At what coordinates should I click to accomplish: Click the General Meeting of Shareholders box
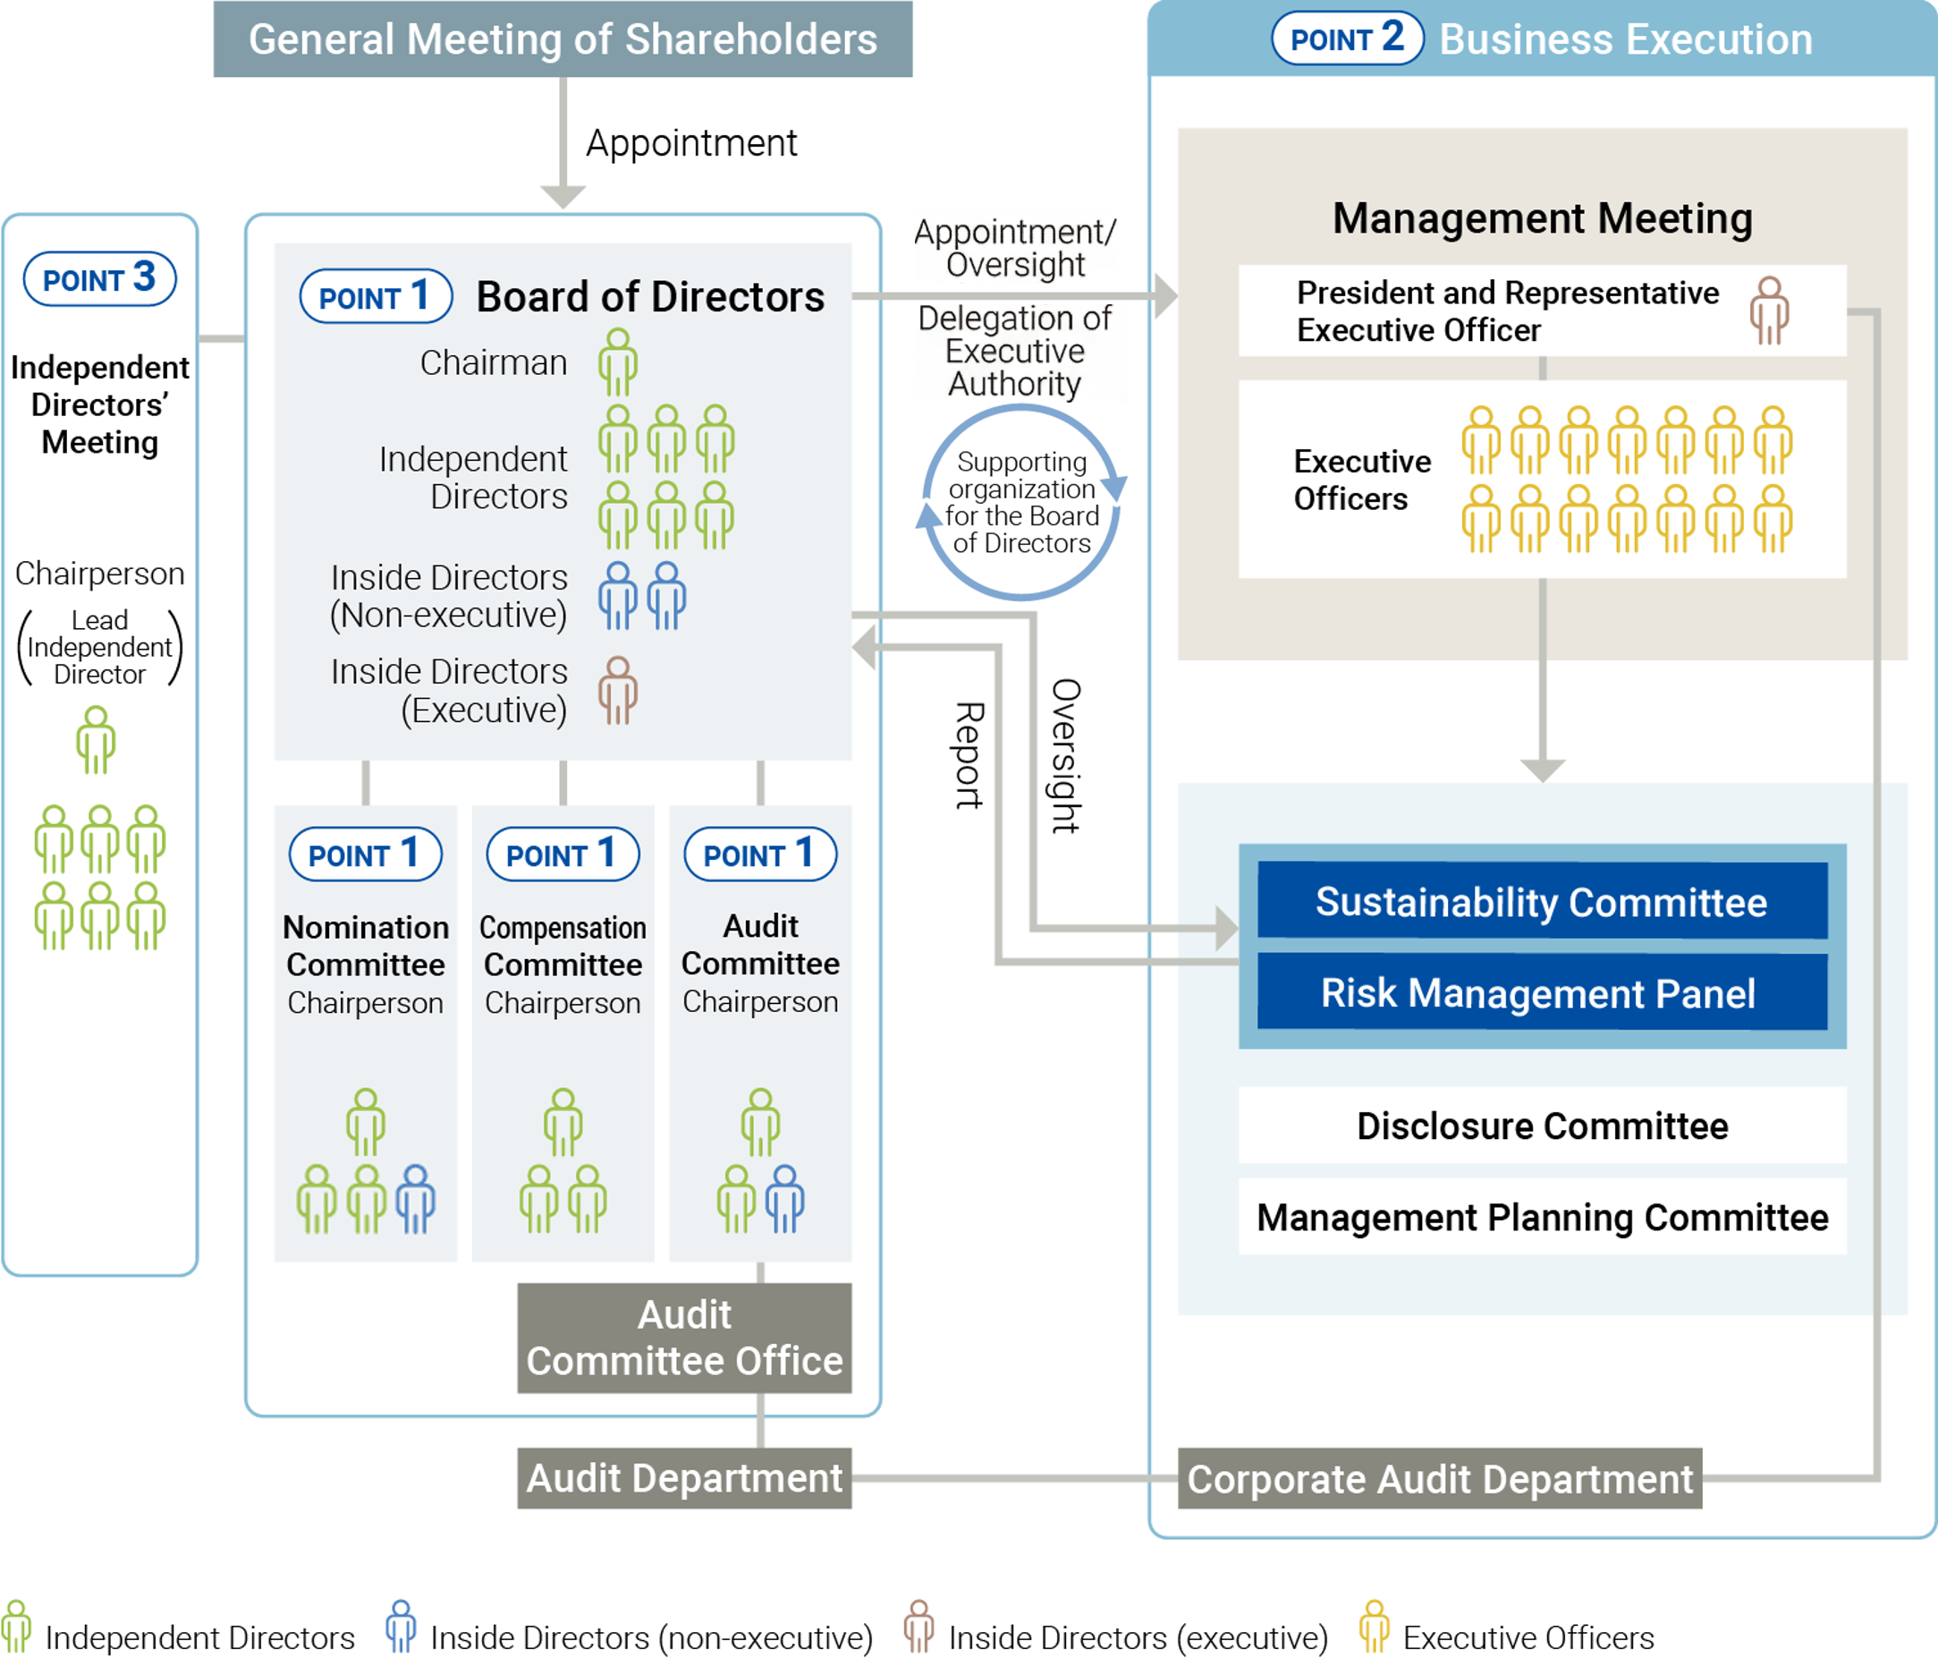click(x=563, y=39)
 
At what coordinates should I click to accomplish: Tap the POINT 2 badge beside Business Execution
click(x=1347, y=38)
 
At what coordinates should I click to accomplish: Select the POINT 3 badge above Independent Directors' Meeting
click(x=99, y=279)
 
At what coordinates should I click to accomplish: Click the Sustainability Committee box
click(x=1542, y=901)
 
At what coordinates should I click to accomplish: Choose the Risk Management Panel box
click(x=1542, y=991)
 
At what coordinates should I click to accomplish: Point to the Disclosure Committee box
click(x=1542, y=1126)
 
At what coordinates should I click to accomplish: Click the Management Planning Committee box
click(x=1542, y=1216)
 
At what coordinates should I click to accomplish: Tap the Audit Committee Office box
click(x=684, y=1337)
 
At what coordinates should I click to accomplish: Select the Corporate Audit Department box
click(x=1439, y=1478)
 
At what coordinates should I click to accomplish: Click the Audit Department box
click(x=684, y=1478)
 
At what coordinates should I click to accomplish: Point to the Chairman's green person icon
click(x=618, y=362)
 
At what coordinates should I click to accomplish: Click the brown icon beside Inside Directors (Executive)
click(x=618, y=691)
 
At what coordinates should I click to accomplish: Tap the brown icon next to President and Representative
click(x=1769, y=310)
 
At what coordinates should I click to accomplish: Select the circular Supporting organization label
click(x=1021, y=503)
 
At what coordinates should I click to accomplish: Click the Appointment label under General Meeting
click(x=691, y=143)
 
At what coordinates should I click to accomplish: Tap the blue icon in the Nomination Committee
click(x=415, y=1200)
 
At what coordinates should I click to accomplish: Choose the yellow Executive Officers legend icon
click(x=1374, y=1626)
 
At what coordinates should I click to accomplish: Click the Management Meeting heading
click(x=1542, y=218)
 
